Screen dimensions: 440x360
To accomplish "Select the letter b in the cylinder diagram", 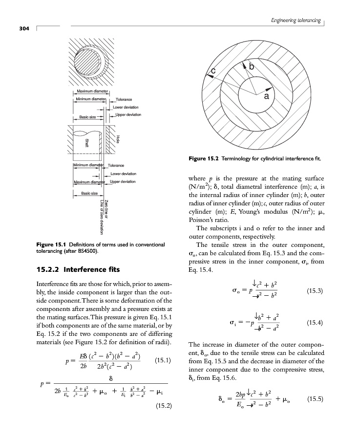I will coord(251,66).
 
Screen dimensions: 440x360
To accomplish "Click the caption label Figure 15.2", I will coord(203,158).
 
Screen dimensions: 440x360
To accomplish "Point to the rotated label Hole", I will coord(118,139).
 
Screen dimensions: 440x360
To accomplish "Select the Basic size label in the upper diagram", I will coord(87,117).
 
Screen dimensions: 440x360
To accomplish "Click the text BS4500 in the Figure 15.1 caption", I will coord(85,251).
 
